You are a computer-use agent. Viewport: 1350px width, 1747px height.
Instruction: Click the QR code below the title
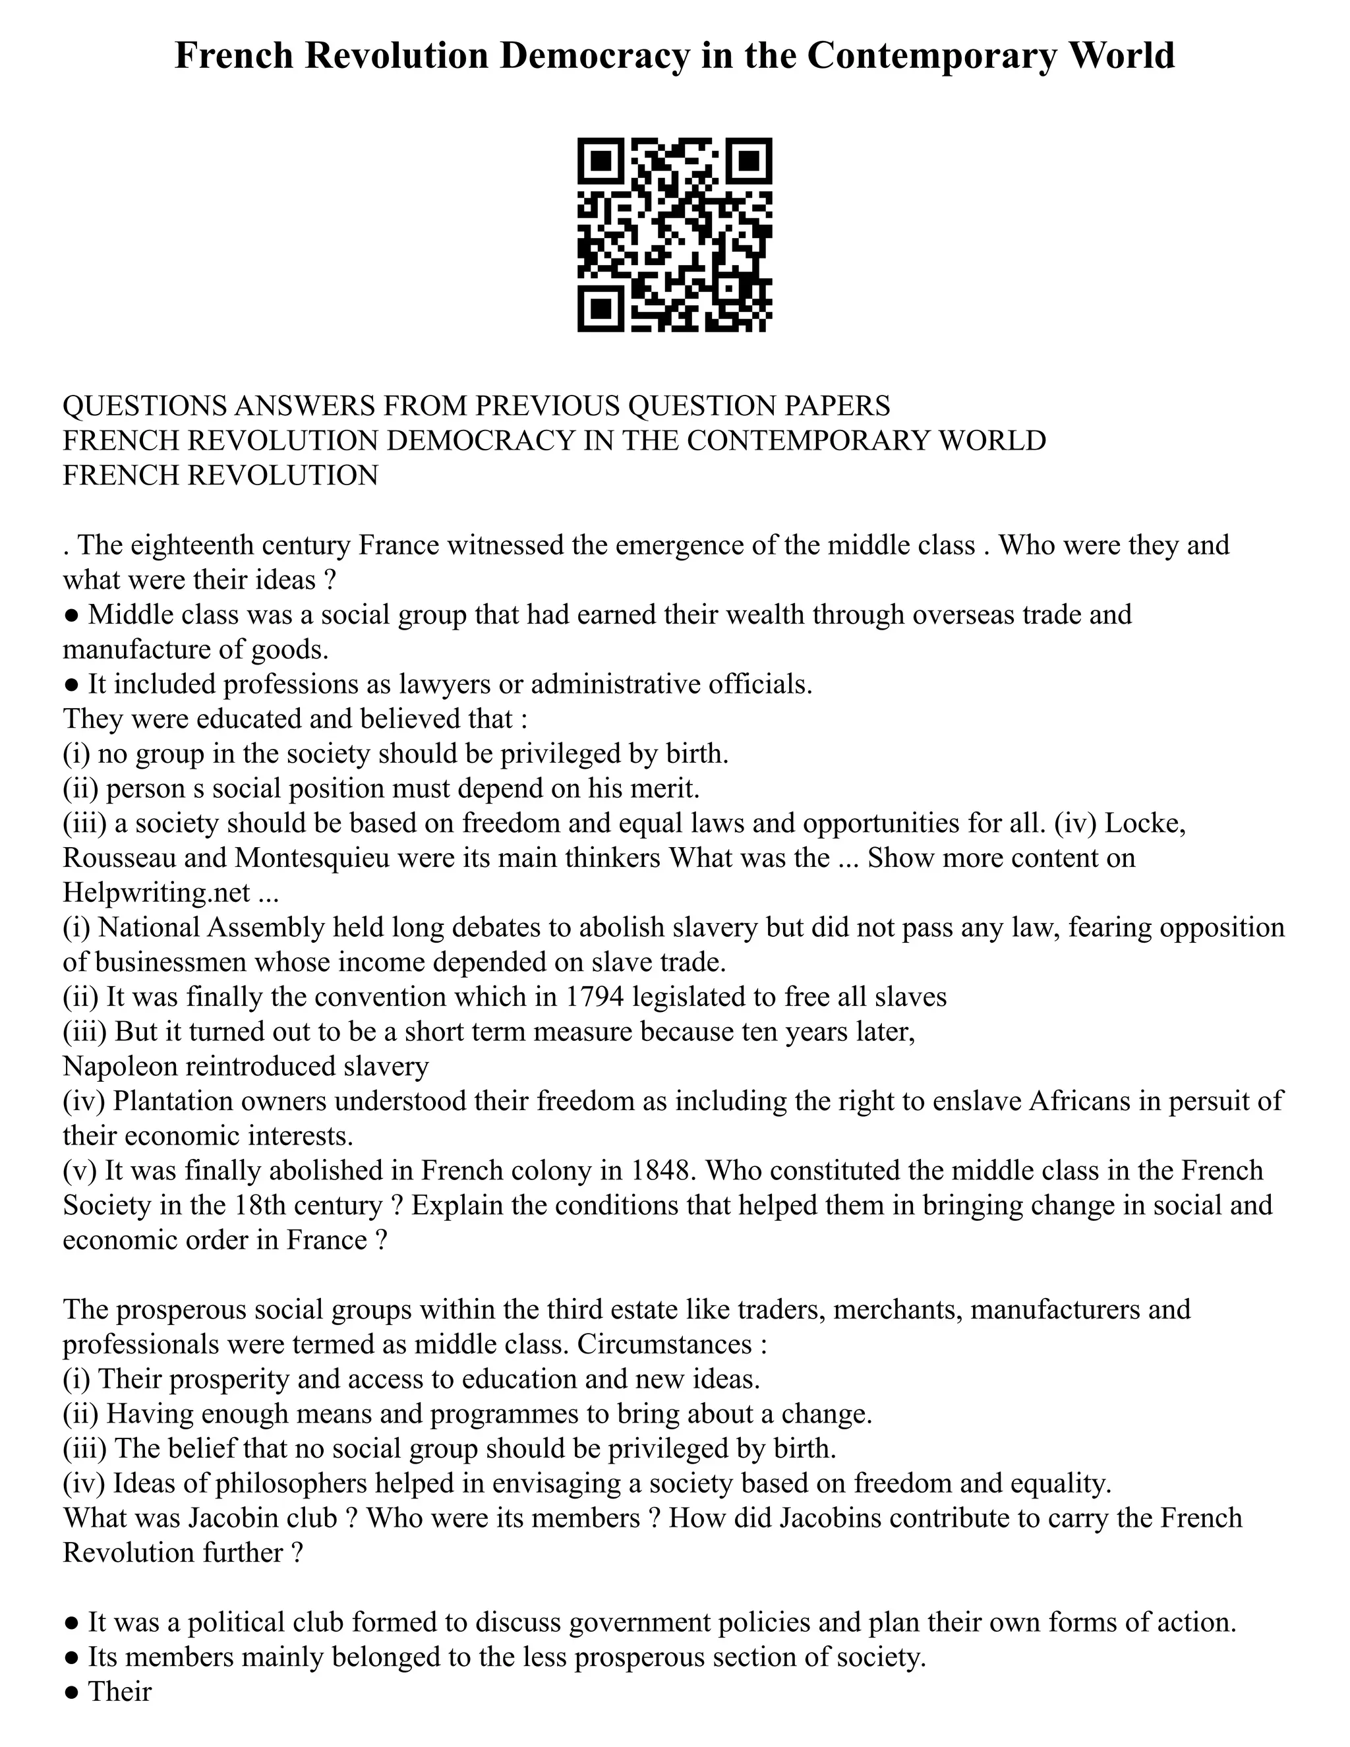pyautogui.click(x=674, y=235)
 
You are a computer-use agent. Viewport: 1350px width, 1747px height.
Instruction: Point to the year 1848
pyautogui.click(x=660, y=1170)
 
